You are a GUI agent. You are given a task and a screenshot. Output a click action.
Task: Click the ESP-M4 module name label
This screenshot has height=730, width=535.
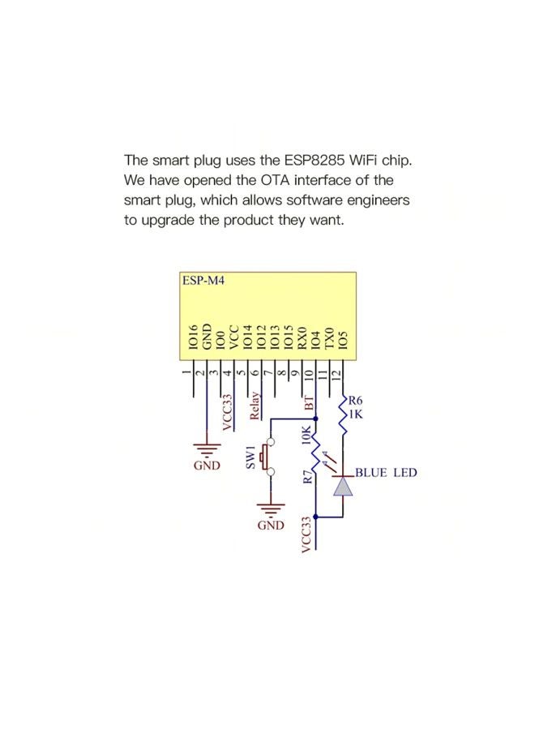tap(203, 281)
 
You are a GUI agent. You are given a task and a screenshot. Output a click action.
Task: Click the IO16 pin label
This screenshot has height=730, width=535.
tap(193, 337)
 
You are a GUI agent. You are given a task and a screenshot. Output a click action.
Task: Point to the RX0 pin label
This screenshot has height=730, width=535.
tap(302, 337)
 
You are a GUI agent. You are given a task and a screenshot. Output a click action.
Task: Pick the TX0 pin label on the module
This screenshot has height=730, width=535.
tap(329, 337)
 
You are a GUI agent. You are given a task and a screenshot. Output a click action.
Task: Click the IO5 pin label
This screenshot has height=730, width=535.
tap(343, 339)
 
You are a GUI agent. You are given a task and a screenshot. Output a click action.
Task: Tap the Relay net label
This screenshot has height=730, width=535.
tap(255, 406)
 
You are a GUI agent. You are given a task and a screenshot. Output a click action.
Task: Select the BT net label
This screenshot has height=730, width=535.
tap(309, 403)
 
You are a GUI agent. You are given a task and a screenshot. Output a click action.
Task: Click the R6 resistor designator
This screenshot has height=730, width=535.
tap(355, 400)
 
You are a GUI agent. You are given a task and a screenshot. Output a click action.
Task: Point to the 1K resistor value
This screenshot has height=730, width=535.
tap(355, 414)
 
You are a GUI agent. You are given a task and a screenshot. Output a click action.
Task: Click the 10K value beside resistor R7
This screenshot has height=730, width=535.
tap(306, 436)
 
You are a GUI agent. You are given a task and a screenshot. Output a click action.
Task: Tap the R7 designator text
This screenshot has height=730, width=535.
tap(307, 477)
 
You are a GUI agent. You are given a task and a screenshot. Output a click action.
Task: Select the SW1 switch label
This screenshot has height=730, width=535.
tap(250, 457)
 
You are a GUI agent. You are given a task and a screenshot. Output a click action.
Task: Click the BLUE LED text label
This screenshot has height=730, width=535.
tap(386, 473)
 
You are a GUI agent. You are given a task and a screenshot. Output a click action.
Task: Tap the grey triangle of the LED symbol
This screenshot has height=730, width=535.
tap(343, 486)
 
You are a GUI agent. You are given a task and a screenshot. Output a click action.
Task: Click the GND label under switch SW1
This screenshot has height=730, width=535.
tap(271, 526)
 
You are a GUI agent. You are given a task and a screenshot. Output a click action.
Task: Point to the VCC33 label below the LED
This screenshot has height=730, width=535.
tap(306, 535)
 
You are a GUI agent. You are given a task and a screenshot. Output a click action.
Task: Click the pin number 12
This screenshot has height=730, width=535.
tap(337, 373)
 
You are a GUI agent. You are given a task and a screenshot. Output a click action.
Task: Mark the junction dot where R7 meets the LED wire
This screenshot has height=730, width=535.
tap(316, 517)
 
